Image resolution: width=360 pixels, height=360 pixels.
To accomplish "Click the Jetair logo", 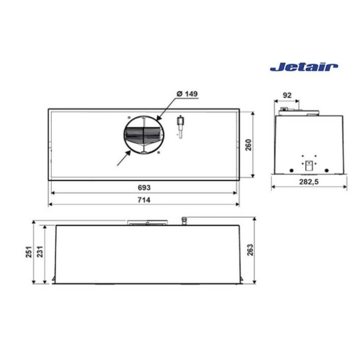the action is tap(304, 67).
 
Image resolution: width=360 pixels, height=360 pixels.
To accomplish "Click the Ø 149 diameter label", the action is tap(187, 94).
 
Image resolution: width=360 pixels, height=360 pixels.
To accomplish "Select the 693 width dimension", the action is tap(144, 188).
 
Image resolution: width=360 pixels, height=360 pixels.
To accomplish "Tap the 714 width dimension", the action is tap(144, 200).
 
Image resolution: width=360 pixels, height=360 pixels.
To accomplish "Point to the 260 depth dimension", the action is tap(248, 145).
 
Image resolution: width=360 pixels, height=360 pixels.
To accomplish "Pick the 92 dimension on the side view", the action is tap(287, 95).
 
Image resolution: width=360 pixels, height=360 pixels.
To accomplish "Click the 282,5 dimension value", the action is tap(309, 182).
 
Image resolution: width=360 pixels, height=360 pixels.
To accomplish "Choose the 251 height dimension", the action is tap(29, 252).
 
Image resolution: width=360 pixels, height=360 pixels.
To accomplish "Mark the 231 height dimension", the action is tap(40, 252).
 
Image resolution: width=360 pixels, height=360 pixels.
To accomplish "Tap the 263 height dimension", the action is tap(250, 250).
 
